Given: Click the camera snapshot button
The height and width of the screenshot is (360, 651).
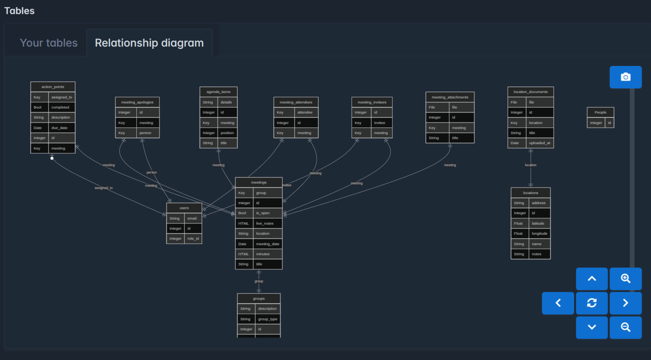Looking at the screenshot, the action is click(x=625, y=77).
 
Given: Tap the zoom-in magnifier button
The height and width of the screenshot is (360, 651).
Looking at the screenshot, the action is click(x=625, y=279).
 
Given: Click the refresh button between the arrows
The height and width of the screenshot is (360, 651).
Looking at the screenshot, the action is click(x=592, y=303).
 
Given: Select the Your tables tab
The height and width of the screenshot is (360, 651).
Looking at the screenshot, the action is click(x=49, y=43).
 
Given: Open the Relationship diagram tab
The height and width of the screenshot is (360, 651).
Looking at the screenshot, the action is click(x=149, y=43).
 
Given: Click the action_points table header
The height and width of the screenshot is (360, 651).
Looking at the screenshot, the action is click(x=53, y=87).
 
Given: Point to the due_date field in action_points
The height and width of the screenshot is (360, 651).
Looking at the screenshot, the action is click(x=59, y=128).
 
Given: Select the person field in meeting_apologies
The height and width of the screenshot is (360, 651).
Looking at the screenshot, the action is click(x=145, y=133).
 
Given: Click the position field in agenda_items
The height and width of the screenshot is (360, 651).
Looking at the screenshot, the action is click(x=227, y=133).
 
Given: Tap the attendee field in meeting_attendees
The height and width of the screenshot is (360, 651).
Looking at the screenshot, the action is click(x=305, y=112).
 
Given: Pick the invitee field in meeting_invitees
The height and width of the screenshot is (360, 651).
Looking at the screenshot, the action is click(x=379, y=123).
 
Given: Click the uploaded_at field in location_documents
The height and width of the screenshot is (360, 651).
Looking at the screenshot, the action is click(x=539, y=143).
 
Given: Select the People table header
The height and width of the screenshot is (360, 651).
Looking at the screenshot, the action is click(x=600, y=112).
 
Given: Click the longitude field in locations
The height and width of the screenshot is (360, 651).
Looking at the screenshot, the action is click(x=539, y=233).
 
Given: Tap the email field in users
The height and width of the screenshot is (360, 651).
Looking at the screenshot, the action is click(x=192, y=219).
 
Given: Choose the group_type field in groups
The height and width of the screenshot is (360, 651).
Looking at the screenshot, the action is click(x=268, y=319).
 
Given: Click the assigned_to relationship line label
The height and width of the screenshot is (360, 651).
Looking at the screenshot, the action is click(x=103, y=188).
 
